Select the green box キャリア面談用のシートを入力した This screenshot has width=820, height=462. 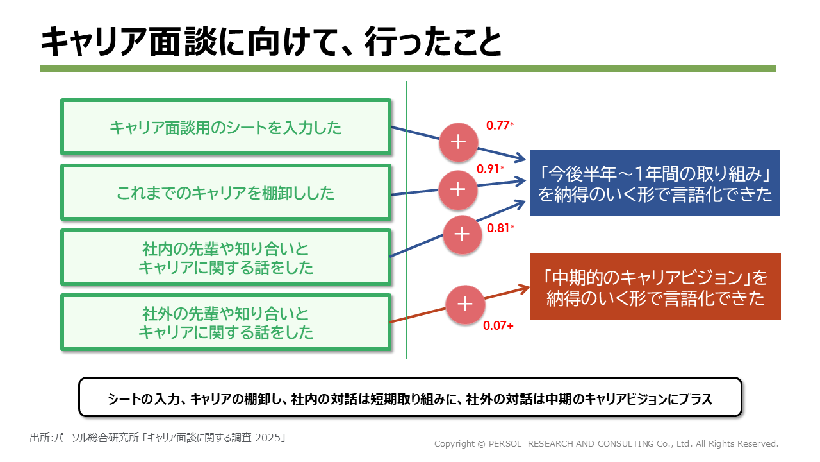[225, 127]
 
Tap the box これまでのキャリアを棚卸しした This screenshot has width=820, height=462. [225, 193]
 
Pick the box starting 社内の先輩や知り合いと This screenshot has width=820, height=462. [225, 257]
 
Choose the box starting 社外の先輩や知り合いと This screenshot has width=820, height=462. [225, 323]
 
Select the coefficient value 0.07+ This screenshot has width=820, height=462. [498, 326]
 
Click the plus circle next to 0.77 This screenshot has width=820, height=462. [458, 142]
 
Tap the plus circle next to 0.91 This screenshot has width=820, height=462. [457, 189]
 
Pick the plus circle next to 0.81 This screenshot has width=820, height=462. [462, 234]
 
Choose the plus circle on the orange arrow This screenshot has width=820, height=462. [465, 304]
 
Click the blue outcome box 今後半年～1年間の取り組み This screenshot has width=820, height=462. [655, 184]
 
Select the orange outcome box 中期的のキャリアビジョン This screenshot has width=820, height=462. [655, 286]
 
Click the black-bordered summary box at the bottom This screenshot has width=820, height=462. [410, 397]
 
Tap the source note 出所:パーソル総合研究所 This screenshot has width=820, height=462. [158, 438]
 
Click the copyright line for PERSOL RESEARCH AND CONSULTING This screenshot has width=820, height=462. [606, 443]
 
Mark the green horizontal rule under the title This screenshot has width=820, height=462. [407, 68]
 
